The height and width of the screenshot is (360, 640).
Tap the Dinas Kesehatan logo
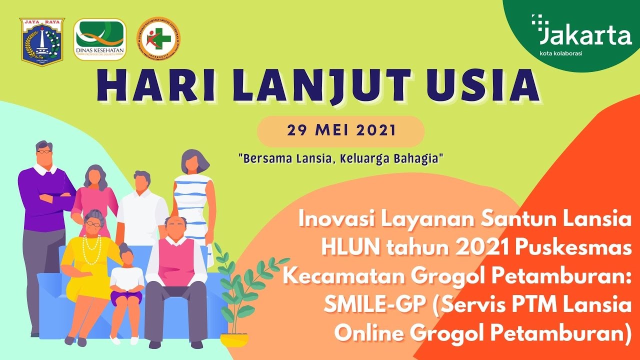(100, 39)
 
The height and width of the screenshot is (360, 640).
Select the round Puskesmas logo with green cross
(159, 39)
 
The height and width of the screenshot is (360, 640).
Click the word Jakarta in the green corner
(585, 36)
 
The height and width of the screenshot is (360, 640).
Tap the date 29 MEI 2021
(341, 131)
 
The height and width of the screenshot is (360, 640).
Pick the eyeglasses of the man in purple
(44, 150)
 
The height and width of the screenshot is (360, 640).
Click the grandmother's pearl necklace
(91, 247)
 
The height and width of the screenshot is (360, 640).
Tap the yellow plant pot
(234, 339)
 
